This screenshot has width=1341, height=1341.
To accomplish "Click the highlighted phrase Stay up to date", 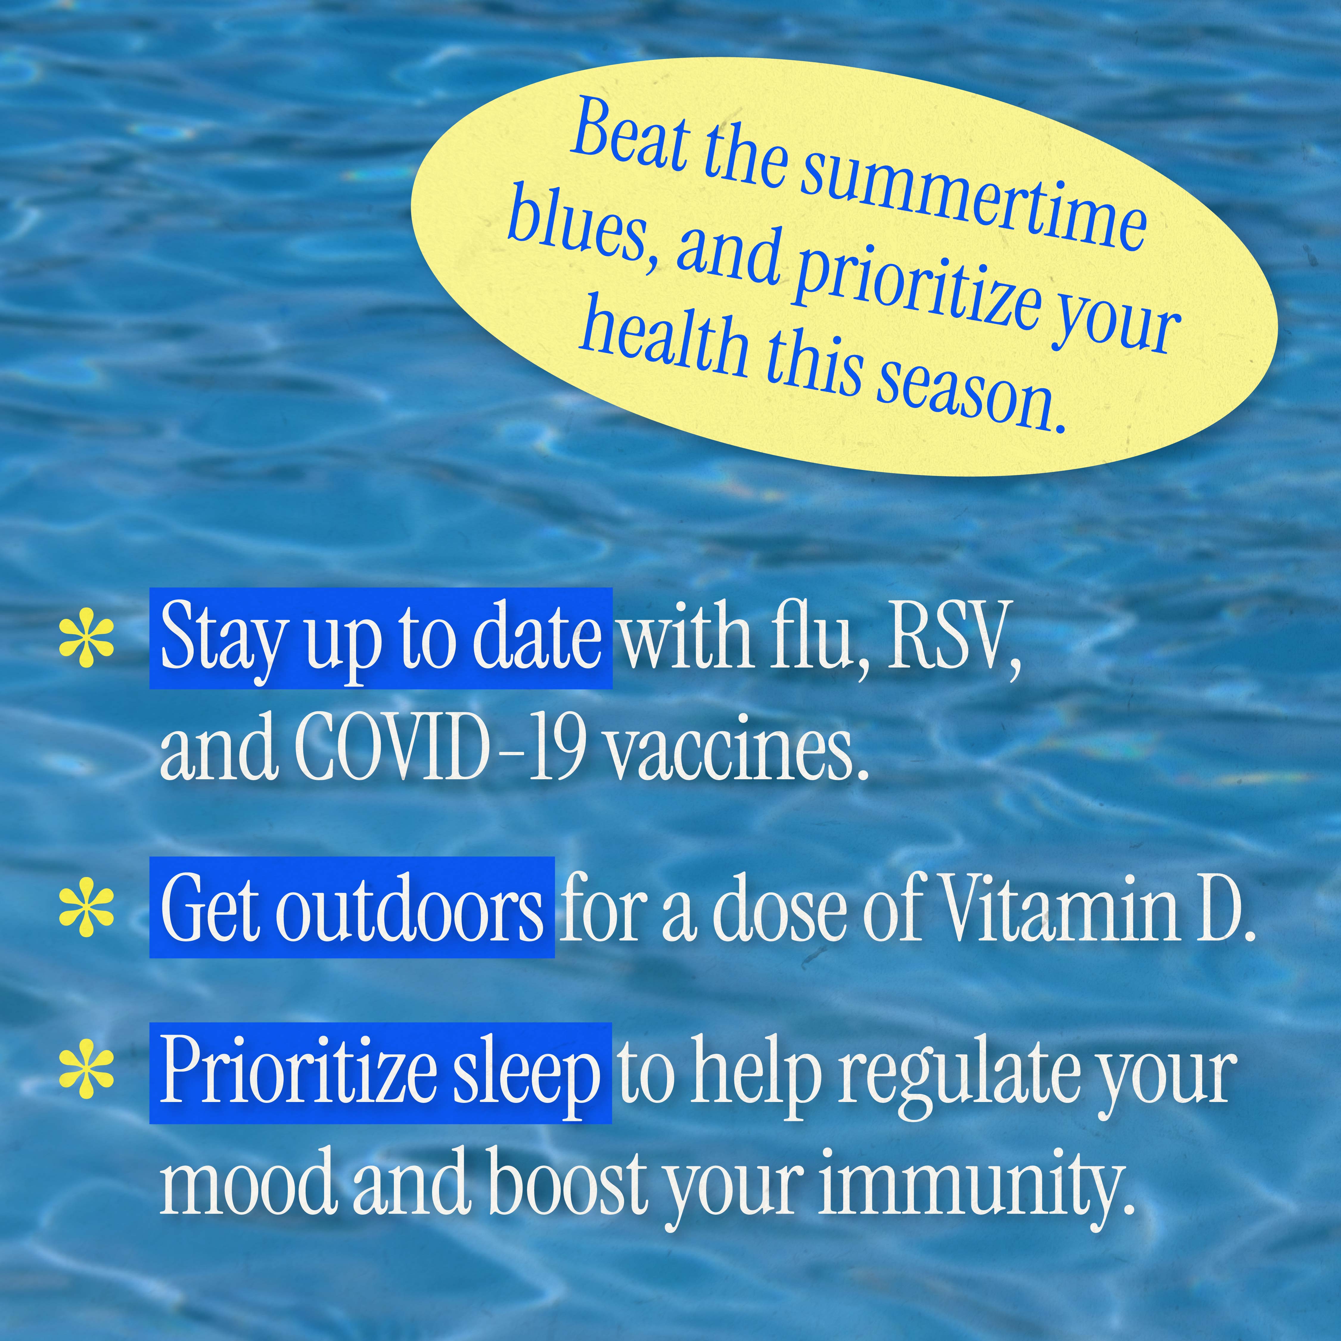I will click(380, 639).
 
